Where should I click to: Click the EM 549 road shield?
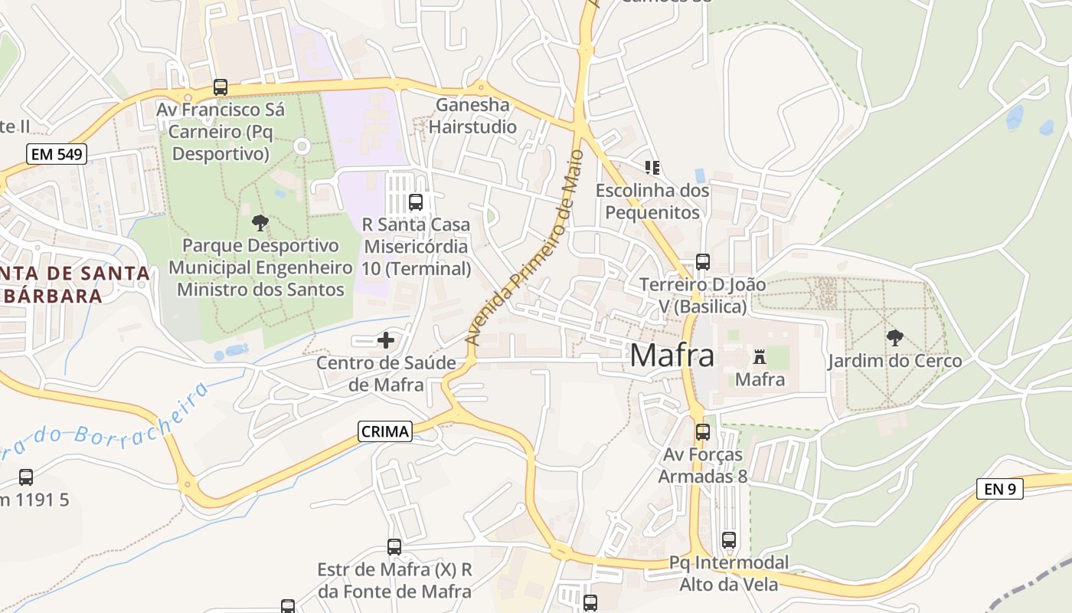tap(57, 154)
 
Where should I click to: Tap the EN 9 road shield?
tap(1000, 488)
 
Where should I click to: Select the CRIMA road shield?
tap(384, 431)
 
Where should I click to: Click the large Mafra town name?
tap(672, 356)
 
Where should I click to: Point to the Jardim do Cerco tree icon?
tap(894, 338)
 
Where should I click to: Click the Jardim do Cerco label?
tap(894, 360)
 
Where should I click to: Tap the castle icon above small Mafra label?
tap(760, 357)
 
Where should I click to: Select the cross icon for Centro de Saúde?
tap(386, 340)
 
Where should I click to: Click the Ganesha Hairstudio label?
tap(472, 116)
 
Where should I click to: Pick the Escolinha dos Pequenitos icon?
tap(652, 167)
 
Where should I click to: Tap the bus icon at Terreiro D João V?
tap(703, 262)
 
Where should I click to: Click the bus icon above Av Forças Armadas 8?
tap(703, 432)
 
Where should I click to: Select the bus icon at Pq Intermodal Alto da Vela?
tap(729, 540)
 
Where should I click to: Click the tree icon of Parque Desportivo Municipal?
tap(260, 223)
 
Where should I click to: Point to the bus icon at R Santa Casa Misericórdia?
tap(416, 202)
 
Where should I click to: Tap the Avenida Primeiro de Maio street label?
tap(525, 249)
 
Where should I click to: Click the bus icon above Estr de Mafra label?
tap(394, 547)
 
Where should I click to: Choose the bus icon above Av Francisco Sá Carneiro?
tap(221, 87)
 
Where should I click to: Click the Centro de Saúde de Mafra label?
tap(386, 373)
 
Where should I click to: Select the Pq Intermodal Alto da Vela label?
tap(728, 573)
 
